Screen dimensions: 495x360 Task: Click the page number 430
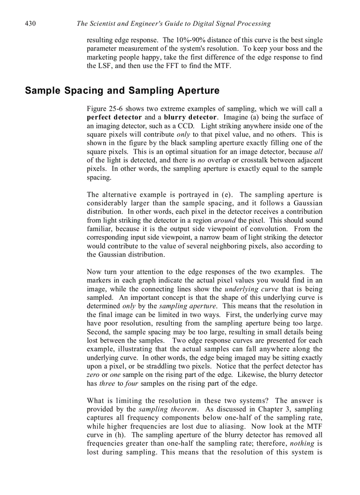30,23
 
